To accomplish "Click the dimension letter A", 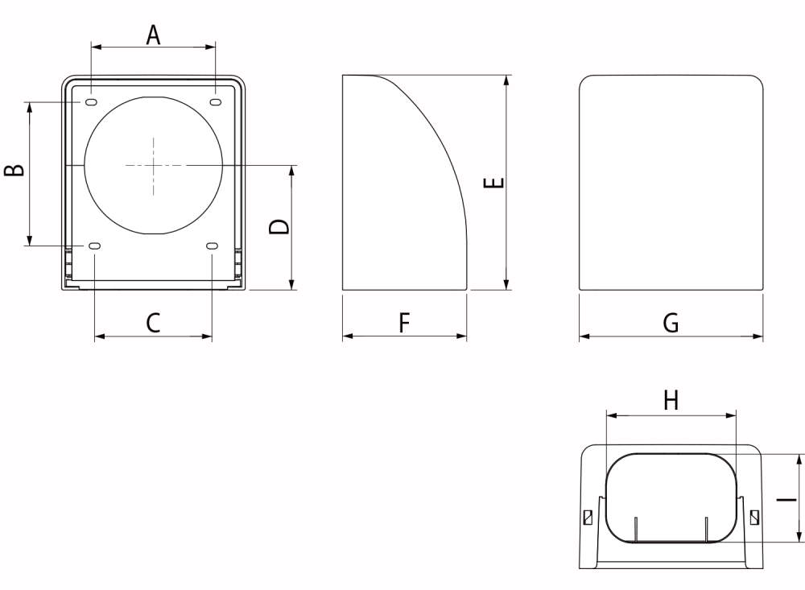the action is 153,35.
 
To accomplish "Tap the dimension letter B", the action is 14,170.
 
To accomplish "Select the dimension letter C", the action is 153,323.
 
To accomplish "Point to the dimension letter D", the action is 279,226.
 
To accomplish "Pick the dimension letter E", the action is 494,182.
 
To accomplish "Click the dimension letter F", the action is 405,323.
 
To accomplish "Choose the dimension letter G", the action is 671,323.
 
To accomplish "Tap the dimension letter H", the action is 671,400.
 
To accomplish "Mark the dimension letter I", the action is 786,498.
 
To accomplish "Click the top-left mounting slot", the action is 91,102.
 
